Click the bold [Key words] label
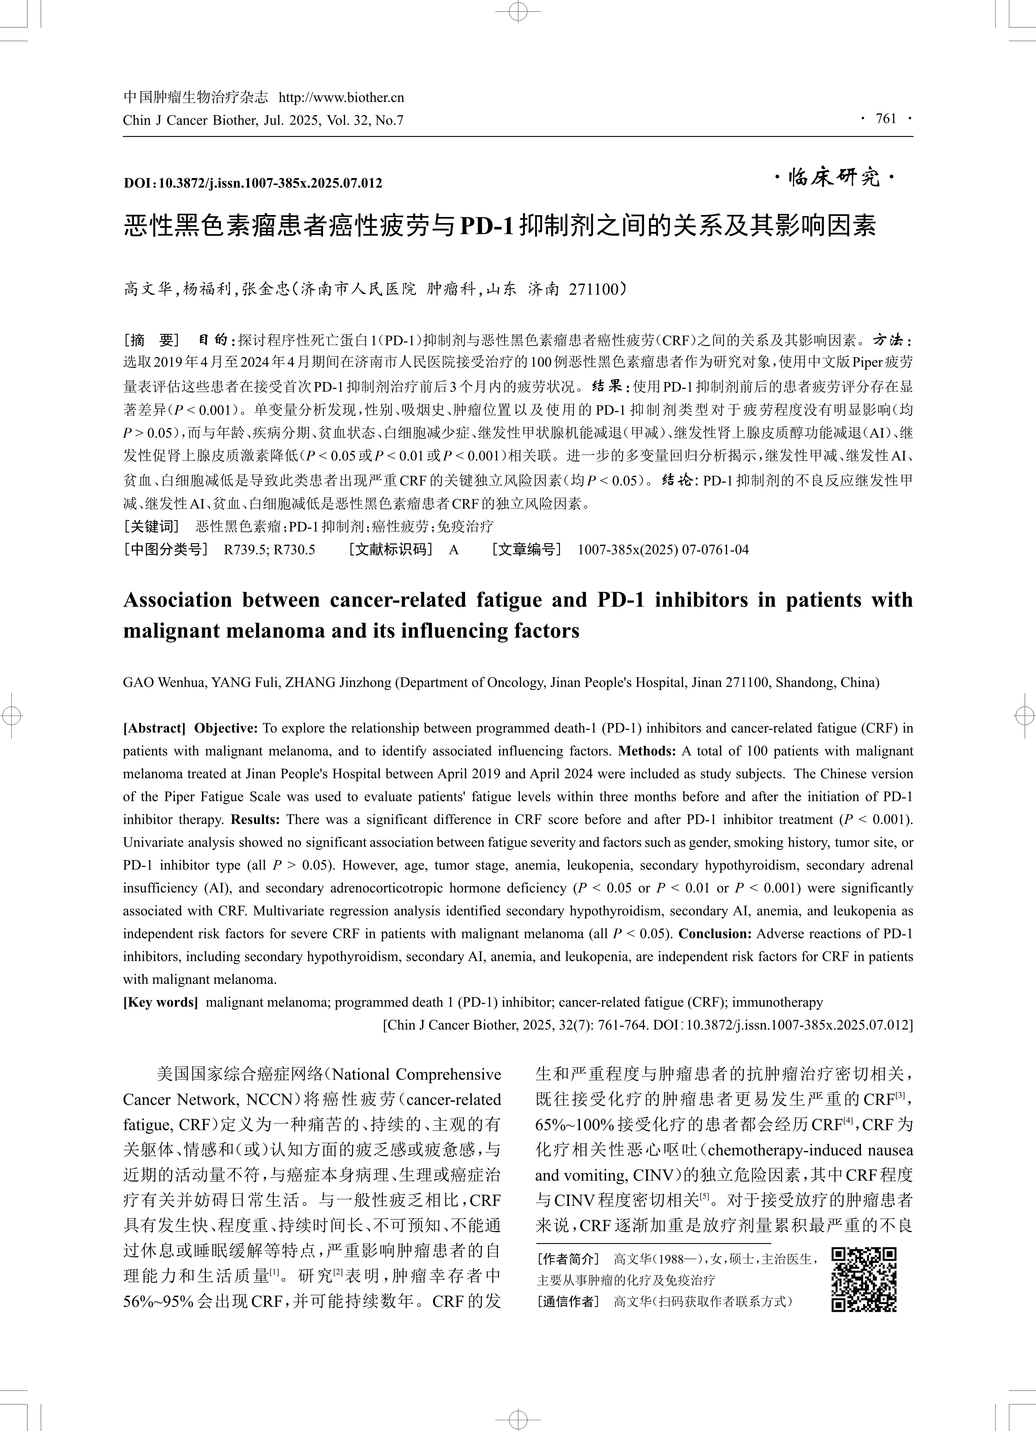(160, 1002)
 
